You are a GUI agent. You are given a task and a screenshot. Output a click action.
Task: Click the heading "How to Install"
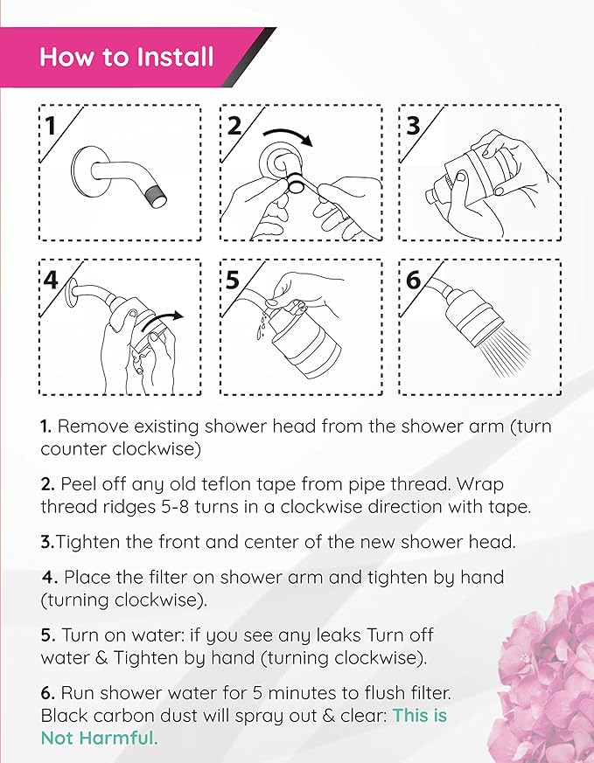point(126,58)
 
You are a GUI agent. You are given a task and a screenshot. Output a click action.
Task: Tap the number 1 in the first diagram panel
point(52,126)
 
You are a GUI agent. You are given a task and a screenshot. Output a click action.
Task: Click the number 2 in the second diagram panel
point(234,125)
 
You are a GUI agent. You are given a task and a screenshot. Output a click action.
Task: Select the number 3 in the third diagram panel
point(414,125)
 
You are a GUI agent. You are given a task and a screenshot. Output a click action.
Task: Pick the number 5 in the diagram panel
point(233,280)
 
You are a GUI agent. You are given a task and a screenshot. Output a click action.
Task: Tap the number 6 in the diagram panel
point(414,280)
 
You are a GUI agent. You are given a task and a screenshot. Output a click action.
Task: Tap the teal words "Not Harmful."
point(100,738)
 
